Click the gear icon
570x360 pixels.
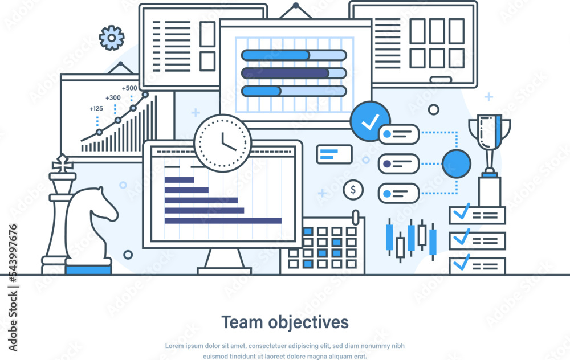pos(112,38)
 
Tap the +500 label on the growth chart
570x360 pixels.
pos(129,88)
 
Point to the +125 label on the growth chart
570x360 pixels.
pos(96,108)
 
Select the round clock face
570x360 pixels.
pos(222,143)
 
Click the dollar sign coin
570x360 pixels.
pos(353,190)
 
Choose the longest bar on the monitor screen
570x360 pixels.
pos(223,220)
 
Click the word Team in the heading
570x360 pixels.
pos(241,322)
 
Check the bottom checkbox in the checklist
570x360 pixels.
pos(461,264)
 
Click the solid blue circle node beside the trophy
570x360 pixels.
pos(457,163)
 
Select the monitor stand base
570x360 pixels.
pos(224,269)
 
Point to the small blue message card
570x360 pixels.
pos(335,154)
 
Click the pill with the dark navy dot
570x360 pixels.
pos(398,163)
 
